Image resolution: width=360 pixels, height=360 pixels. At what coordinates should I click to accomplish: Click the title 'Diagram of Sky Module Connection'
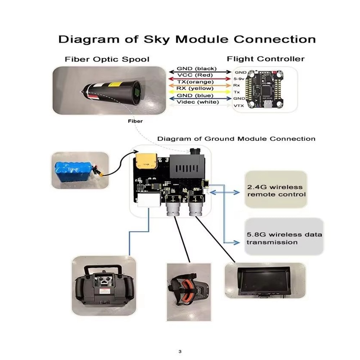[187, 39]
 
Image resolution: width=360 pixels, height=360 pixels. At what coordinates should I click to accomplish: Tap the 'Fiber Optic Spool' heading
[107, 59]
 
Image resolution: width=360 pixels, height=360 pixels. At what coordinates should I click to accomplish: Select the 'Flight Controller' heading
[266, 59]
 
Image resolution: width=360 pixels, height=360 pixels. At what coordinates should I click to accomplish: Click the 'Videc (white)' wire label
[198, 102]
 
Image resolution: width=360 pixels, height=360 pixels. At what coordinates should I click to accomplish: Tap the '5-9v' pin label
[240, 78]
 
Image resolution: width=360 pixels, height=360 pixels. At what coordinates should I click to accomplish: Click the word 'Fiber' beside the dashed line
[135, 121]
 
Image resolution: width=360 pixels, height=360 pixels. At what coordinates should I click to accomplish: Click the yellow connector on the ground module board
[146, 161]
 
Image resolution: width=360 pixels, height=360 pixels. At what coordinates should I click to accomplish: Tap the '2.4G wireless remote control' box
[275, 190]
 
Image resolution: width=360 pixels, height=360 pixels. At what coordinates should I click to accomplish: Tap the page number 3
[180, 351]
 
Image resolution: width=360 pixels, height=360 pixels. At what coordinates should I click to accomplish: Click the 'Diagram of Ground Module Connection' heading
[236, 139]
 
